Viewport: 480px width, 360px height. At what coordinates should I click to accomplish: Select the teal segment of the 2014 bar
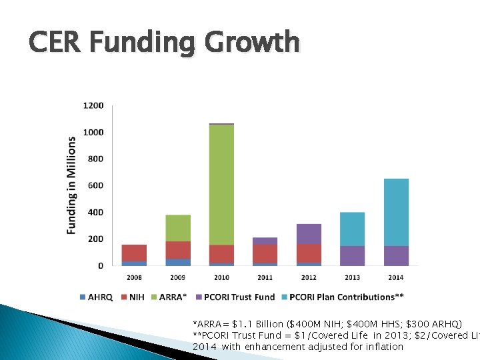coord(396,212)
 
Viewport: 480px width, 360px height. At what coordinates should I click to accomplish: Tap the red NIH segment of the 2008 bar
coord(134,253)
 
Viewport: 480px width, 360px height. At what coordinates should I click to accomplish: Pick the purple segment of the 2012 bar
coord(309,234)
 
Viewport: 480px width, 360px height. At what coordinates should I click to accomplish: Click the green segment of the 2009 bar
coord(178,228)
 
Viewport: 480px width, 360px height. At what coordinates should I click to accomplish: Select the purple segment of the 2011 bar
coord(265,241)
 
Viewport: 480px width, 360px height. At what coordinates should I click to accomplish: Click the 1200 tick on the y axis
coord(93,106)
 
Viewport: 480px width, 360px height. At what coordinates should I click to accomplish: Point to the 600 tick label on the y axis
coord(95,186)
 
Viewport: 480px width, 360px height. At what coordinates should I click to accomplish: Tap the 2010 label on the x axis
coord(221,277)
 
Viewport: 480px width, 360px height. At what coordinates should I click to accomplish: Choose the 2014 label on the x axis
coord(396,277)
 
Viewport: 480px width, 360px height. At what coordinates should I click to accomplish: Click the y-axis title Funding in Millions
coord(71,185)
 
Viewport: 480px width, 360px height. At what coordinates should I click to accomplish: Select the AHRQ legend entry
coord(97,297)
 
